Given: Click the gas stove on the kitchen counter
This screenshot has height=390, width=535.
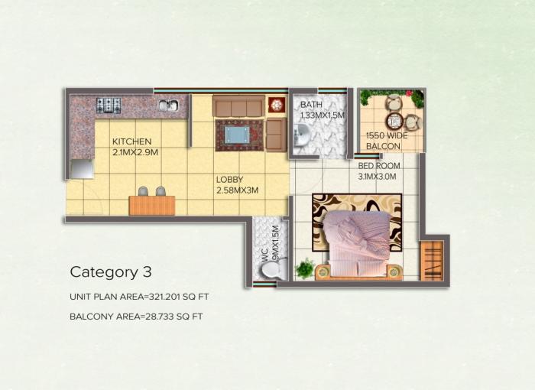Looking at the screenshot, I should pyautogui.click(x=109, y=105).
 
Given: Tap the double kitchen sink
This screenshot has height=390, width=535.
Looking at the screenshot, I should pyautogui.click(x=168, y=106).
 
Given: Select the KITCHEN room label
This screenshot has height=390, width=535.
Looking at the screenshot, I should pyautogui.click(x=131, y=141).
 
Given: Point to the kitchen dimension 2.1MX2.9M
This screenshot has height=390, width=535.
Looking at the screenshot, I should pyautogui.click(x=135, y=153).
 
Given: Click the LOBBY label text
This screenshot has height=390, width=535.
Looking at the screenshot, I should pyautogui.click(x=229, y=180).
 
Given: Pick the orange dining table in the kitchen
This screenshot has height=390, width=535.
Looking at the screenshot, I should pyautogui.click(x=151, y=205).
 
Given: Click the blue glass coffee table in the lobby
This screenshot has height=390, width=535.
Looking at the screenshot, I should pyautogui.click(x=238, y=134).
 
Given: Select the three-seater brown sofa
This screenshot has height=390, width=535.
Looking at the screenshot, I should pyautogui.click(x=238, y=106).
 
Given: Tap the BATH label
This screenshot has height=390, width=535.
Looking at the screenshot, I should pyautogui.click(x=311, y=105).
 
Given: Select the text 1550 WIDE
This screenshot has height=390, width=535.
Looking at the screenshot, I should pyautogui.click(x=386, y=135).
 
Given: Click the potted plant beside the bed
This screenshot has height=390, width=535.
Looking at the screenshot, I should pyautogui.click(x=305, y=268).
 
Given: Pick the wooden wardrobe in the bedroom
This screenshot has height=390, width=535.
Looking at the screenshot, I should pyautogui.click(x=431, y=260).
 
